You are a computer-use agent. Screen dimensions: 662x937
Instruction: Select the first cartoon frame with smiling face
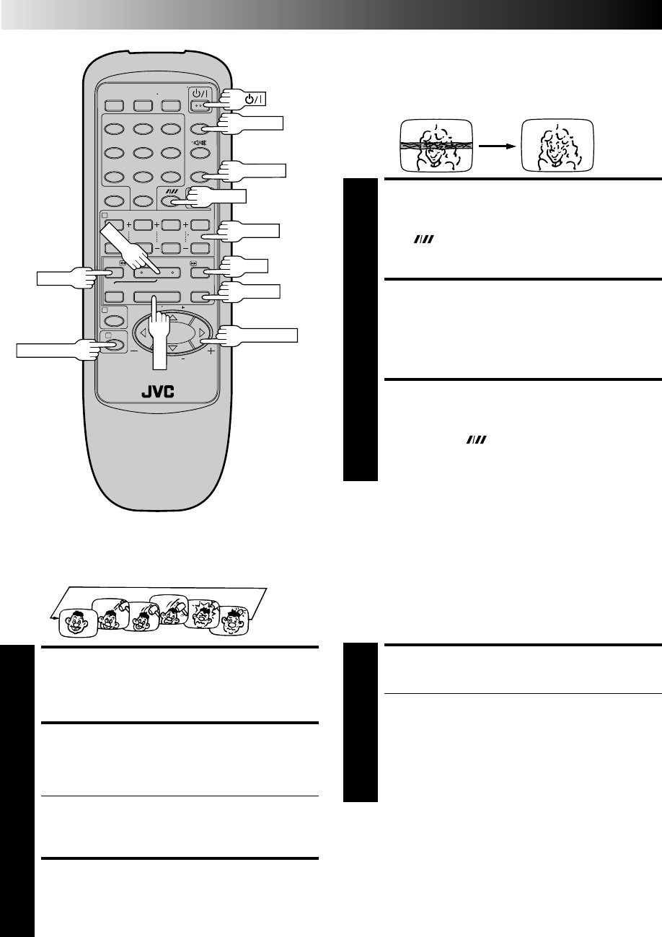coord(78,621)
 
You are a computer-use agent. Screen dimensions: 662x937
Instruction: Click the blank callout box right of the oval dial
coord(268,333)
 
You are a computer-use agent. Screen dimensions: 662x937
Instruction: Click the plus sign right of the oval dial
coord(211,354)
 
